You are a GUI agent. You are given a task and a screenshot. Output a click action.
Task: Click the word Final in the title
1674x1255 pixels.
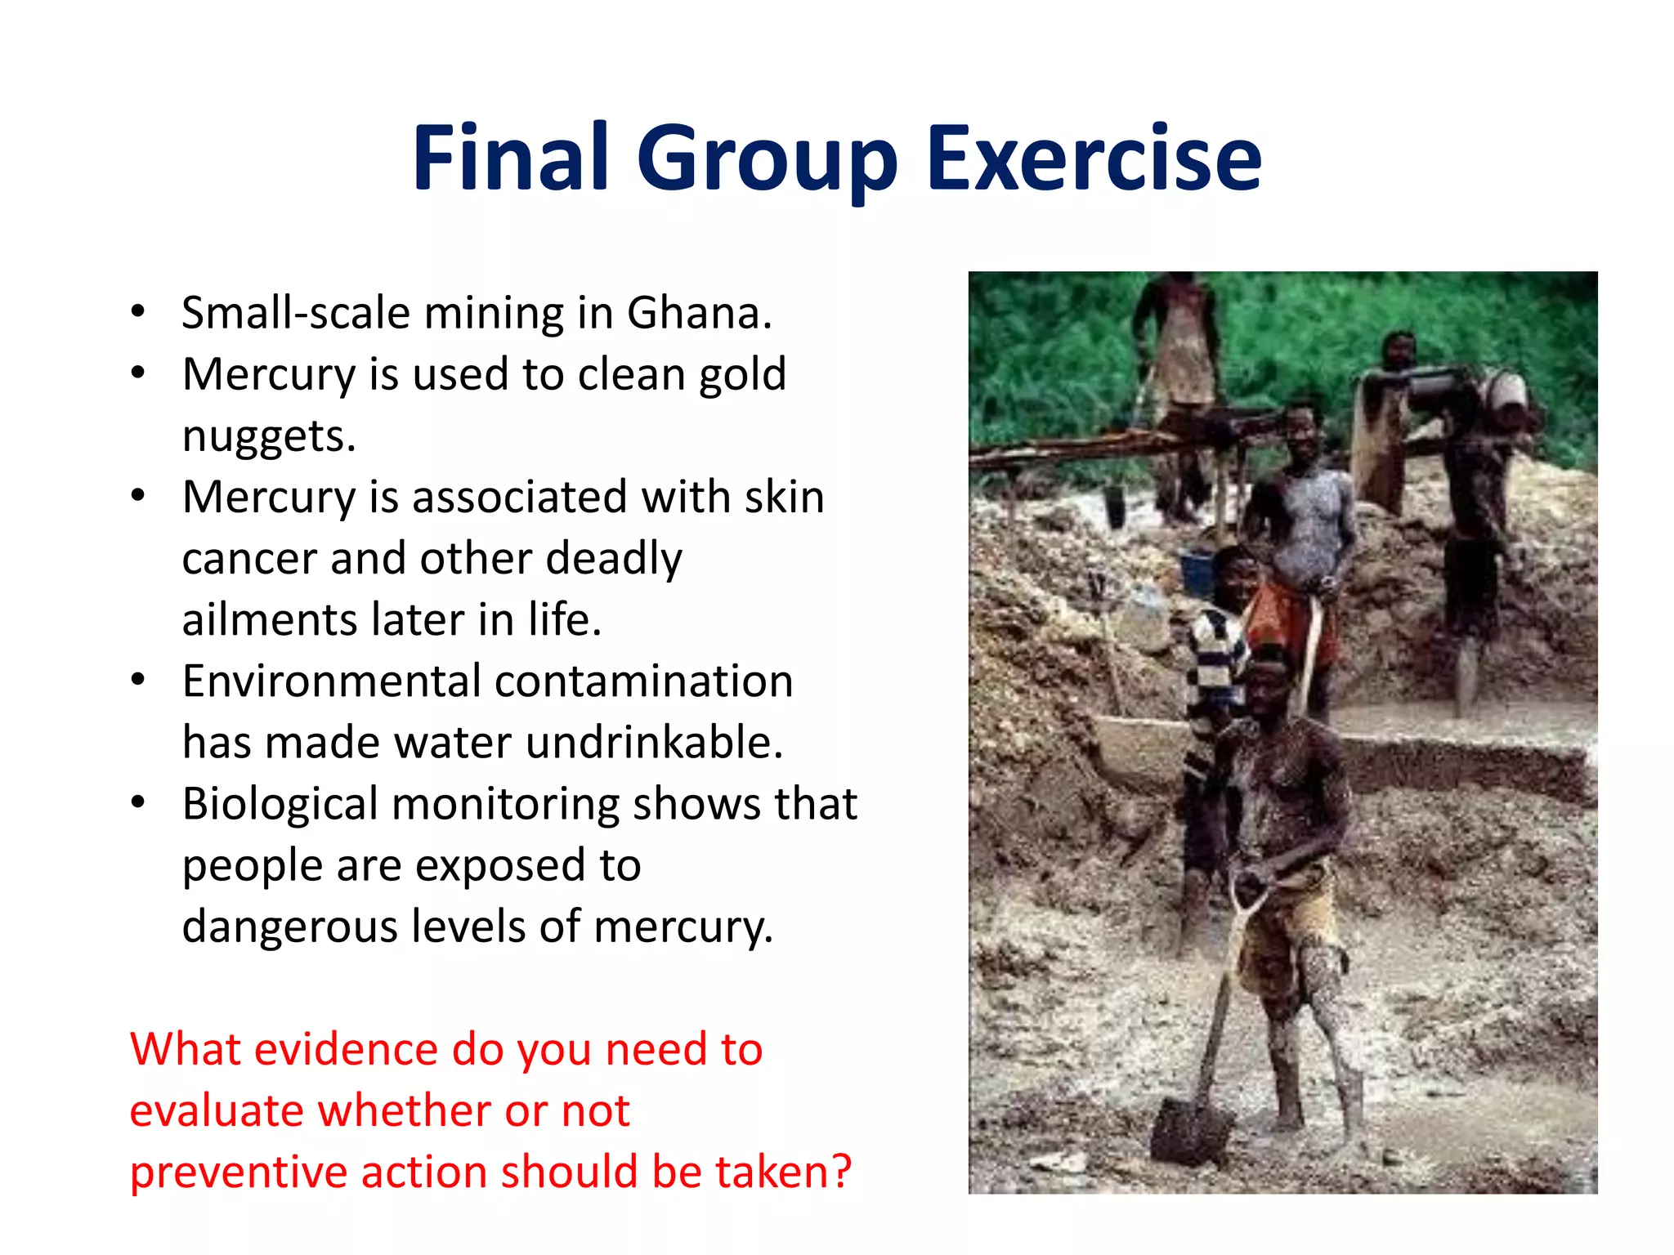[511, 157]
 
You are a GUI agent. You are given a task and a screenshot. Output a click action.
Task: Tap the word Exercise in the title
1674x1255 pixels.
[1094, 157]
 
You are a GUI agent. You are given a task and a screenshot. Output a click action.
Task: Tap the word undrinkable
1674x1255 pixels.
[654, 743]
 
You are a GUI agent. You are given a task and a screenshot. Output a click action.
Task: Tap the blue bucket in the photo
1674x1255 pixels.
[1198, 572]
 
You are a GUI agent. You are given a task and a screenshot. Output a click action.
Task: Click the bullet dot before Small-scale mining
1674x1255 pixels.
[138, 311]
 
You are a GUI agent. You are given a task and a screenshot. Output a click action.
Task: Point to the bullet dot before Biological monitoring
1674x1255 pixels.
[138, 802]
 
